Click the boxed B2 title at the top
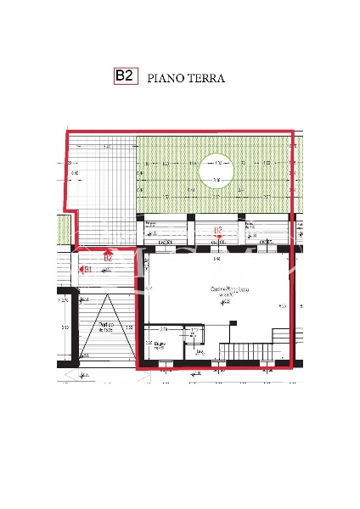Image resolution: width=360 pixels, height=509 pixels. (x=125, y=76)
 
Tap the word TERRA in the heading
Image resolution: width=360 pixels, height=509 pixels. (x=206, y=78)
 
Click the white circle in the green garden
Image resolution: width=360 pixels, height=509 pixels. (x=217, y=173)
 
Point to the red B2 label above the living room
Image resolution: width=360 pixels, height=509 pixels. (x=217, y=230)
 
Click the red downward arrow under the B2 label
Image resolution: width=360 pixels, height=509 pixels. (x=218, y=238)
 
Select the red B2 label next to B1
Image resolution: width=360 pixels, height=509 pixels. (x=108, y=259)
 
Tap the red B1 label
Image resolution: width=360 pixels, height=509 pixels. (x=87, y=269)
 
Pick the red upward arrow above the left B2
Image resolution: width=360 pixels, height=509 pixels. (x=108, y=251)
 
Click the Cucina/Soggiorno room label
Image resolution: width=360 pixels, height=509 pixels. (x=230, y=290)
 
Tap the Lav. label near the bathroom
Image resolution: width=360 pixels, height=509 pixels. (x=200, y=350)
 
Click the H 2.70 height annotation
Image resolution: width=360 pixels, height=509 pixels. (x=62, y=300)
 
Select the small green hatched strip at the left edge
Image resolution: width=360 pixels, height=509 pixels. (x=62, y=227)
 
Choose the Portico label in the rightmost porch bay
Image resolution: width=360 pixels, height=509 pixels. (x=250, y=227)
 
